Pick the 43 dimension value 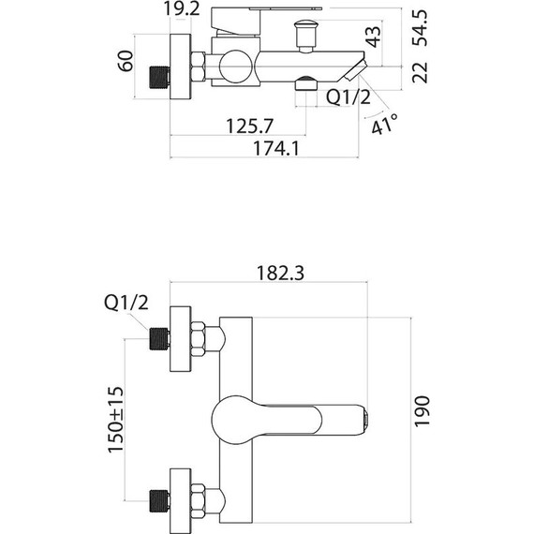[374, 37]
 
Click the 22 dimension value [422, 72]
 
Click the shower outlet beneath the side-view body [304, 85]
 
